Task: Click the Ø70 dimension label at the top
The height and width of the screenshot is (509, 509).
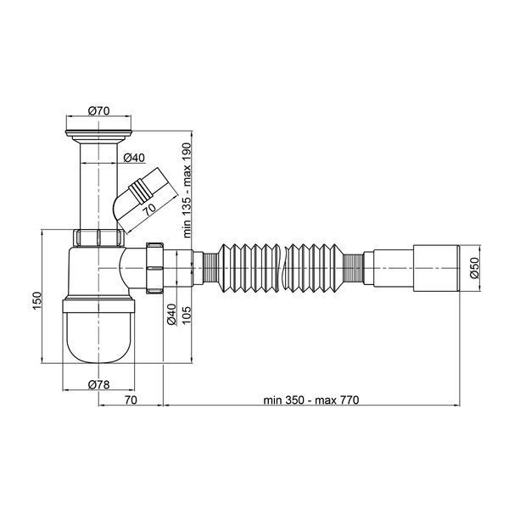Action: (x=98, y=111)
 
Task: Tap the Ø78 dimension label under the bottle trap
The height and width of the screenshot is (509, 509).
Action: (x=98, y=385)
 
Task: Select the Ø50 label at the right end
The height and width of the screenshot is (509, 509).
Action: (x=474, y=268)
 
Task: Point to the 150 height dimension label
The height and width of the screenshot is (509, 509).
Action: (x=37, y=300)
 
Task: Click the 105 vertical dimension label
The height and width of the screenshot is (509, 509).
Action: (x=187, y=316)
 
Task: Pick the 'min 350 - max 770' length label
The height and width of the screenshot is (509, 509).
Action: (x=311, y=400)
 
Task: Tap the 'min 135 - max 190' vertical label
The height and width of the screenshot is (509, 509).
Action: (x=187, y=190)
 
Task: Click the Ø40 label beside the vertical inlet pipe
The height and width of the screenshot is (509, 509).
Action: (x=134, y=158)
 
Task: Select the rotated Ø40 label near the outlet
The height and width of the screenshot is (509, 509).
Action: (x=171, y=314)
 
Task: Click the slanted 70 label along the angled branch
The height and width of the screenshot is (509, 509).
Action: (x=150, y=210)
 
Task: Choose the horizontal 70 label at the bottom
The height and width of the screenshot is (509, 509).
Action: (x=131, y=400)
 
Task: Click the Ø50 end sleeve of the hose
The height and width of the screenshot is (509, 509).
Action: (x=437, y=268)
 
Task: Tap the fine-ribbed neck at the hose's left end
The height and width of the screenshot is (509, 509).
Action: (x=210, y=268)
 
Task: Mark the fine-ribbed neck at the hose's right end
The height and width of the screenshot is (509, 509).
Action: (x=353, y=268)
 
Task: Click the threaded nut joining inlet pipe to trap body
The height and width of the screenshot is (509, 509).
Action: (x=98, y=238)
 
